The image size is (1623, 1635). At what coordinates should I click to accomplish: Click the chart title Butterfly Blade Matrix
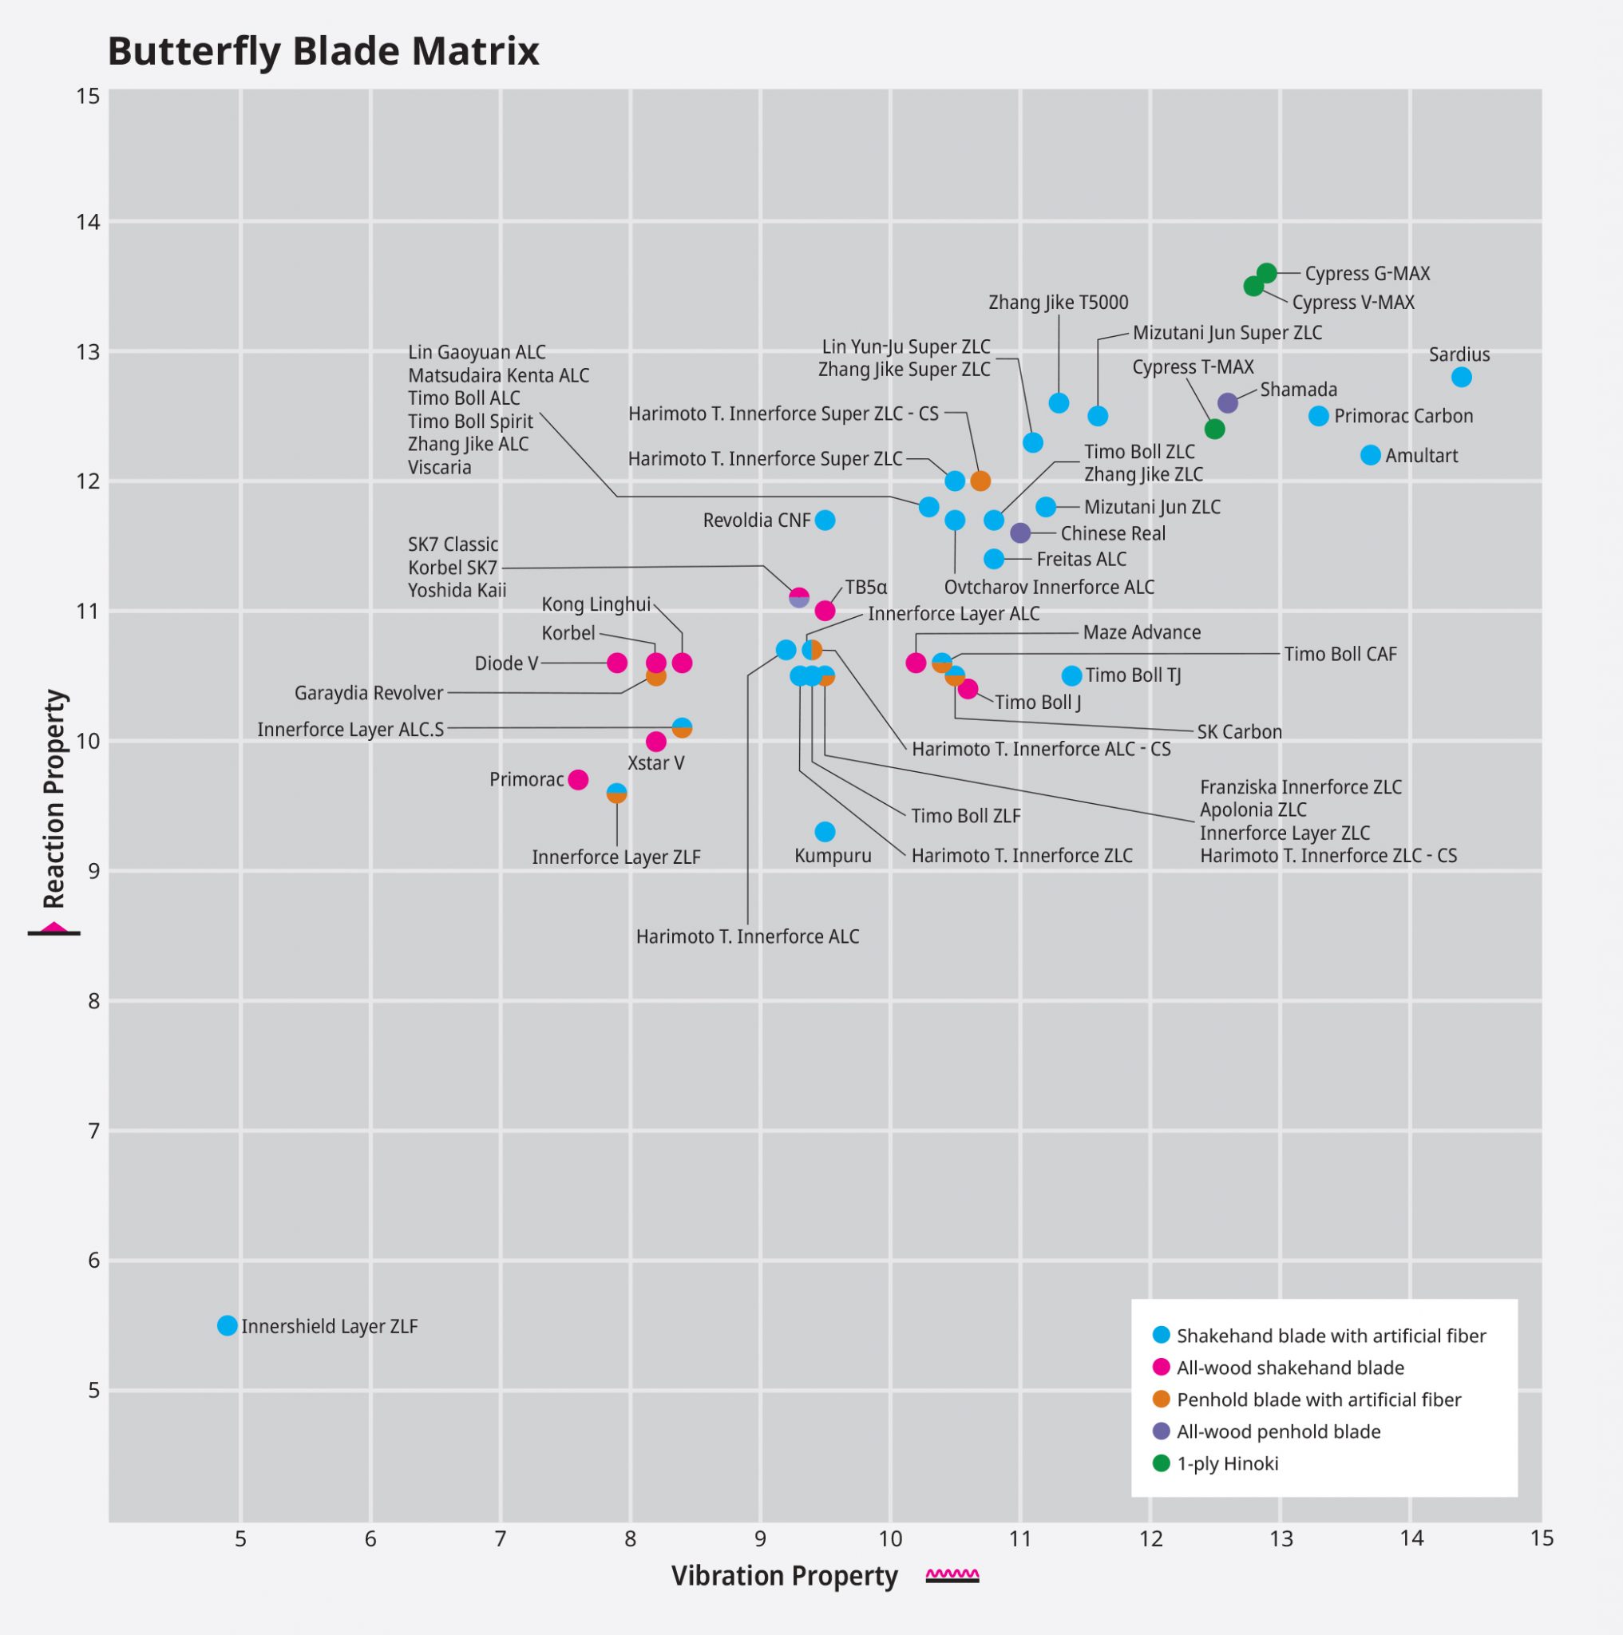tap(323, 51)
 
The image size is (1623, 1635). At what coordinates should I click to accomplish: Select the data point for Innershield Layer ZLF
tap(227, 1325)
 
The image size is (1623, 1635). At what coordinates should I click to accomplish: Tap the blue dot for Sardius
tap(1462, 378)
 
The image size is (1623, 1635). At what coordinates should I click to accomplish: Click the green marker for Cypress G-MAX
tap(1266, 273)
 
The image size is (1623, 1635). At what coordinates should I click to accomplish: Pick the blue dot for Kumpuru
tap(825, 832)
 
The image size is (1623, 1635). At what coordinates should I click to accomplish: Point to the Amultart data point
tap(1371, 455)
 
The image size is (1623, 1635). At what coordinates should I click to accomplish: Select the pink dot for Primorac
tap(578, 779)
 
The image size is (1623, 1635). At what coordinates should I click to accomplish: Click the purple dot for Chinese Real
tap(1020, 533)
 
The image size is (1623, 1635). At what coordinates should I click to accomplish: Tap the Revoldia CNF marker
tap(825, 521)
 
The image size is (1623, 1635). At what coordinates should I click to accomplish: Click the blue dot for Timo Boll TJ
tap(1072, 675)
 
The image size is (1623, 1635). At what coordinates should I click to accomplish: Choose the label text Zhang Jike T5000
tap(1058, 302)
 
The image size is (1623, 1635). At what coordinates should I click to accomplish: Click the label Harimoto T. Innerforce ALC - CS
tap(1041, 749)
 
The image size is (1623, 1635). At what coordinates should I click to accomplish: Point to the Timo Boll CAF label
tap(1340, 654)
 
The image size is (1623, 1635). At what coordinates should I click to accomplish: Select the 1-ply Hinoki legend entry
tap(1227, 1464)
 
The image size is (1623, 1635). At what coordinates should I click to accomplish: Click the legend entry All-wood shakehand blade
tap(1289, 1368)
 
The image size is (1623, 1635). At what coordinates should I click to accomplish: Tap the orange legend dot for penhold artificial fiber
tap(1162, 1399)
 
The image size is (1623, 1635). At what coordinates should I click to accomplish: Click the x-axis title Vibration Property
tap(785, 1576)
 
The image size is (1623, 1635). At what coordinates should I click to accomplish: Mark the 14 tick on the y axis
tap(88, 222)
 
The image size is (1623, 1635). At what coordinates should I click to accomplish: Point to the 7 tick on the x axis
tap(500, 1538)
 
